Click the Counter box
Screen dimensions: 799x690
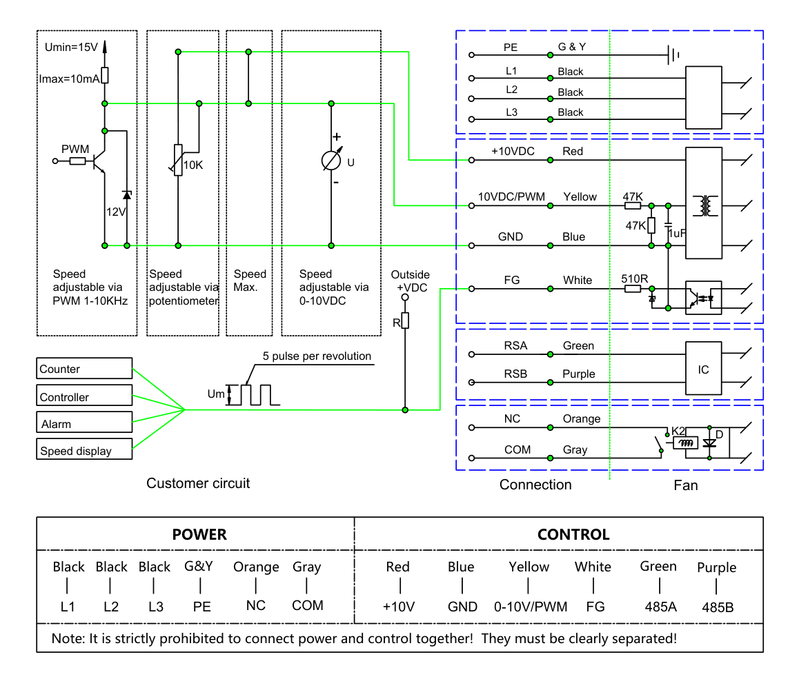(84, 368)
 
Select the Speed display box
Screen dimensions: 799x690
(84, 449)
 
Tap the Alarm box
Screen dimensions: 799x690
(84, 422)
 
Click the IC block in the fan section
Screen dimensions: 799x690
(703, 369)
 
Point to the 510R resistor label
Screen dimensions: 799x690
(634, 278)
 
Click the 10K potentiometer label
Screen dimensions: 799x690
(193, 165)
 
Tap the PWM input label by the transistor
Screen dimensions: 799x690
(75, 149)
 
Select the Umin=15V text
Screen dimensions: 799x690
(71, 48)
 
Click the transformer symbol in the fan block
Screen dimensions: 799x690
(705, 205)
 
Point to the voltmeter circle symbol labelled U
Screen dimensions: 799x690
(331, 161)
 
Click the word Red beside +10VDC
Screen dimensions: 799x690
(573, 151)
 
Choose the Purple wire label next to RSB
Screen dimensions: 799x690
(578, 374)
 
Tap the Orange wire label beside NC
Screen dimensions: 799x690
(582, 418)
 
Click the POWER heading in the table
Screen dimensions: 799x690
(199, 534)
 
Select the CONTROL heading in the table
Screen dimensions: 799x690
(573, 534)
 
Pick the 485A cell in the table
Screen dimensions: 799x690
(661, 607)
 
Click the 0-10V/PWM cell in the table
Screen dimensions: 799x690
(531, 607)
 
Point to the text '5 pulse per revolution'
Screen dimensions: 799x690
(317, 356)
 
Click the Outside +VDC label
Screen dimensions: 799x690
(411, 281)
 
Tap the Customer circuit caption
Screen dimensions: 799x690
(198, 483)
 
